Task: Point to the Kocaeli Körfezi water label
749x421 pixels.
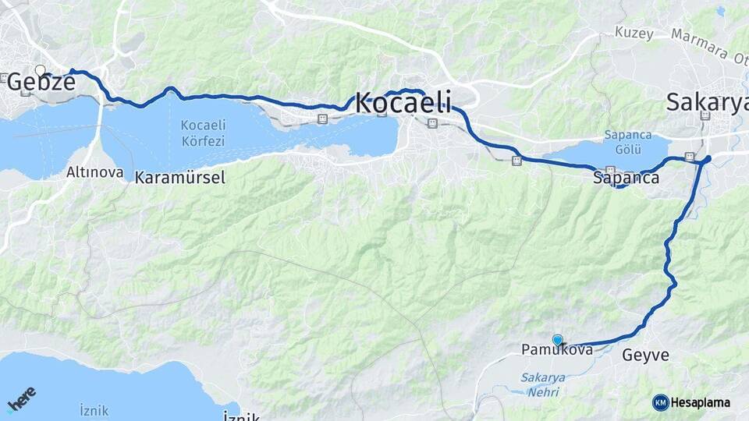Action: pos(203,133)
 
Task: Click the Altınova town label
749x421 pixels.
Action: pos(95,172)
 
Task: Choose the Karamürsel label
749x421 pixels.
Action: pos(180,178)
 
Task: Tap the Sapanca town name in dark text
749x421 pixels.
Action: pos(626,179)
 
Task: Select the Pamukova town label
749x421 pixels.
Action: pos(556,351)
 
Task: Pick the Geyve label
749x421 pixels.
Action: pos(646,356)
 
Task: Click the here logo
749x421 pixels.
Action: pos(21,399)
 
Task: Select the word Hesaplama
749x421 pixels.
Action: pos(701,403)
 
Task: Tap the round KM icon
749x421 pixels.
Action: pos(660,403)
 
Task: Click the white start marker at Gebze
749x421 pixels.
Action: pos(41,70)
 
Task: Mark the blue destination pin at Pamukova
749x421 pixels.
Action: pos(557,340)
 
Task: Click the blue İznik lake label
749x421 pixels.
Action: pos(94,410)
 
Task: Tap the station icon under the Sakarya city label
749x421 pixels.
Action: pos(705,116)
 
